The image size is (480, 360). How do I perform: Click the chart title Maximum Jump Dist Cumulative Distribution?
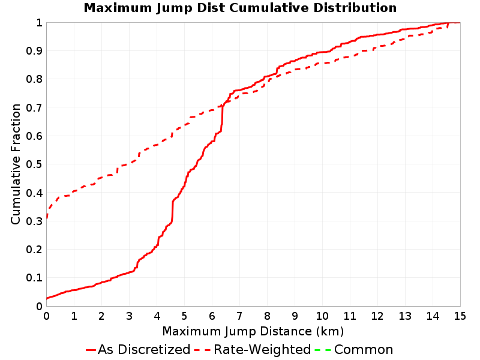pos(240,8)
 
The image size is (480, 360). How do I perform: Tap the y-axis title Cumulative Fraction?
pos(16,164)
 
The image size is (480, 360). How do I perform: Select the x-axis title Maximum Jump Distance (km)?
pos(253,332)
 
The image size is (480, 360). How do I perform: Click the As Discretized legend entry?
pos(138,350)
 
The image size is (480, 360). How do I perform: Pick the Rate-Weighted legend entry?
pos(253,350)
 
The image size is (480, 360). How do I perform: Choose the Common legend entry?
pos(354,350)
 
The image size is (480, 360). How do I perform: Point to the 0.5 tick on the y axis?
pos(34,164)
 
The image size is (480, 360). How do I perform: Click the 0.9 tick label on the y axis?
pos(34,51)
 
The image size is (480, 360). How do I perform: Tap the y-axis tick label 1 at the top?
pos(39,23)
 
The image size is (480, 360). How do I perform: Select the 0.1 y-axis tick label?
pos(34,278)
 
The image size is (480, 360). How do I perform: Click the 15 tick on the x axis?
pos(460,316)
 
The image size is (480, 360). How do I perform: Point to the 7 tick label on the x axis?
pos(239,316)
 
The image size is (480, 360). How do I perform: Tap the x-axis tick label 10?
pos(322,316)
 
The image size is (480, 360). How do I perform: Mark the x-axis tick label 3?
pos(129,316)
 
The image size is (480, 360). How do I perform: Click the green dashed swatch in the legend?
pos(323,350)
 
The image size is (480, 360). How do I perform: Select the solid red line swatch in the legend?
pos(91,350)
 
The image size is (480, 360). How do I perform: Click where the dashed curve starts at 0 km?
pos(47,218)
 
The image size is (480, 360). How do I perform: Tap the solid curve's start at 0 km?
pos(47,298)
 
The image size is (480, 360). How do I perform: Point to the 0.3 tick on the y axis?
pos(34,221)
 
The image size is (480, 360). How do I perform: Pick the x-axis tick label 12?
pos(377,316)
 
